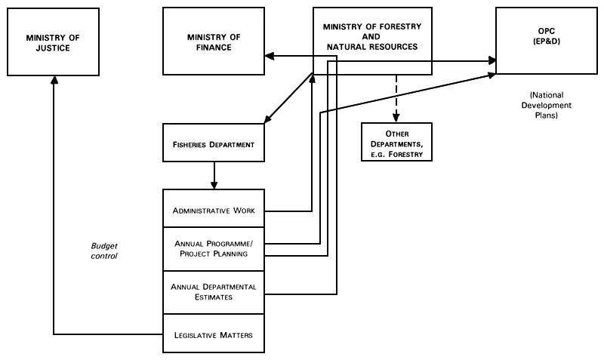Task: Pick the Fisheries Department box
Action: pos(214,143)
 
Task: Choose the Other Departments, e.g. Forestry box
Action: pos(396,142)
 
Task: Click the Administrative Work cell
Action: pos(214,209)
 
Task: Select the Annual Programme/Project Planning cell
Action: pos(214,249)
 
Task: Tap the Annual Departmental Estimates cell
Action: pos(214,292)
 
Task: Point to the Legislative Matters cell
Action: pos(214,334)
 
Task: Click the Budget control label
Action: pos(104,251)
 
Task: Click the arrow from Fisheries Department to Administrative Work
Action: pos(214,175)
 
